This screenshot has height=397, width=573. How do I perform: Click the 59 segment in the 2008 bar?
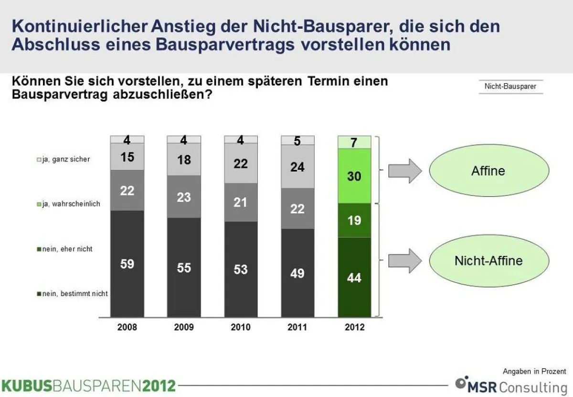click(x=127, y=264)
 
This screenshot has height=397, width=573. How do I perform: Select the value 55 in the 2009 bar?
click(x=184, y=267)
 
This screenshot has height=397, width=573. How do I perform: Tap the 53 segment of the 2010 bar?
click(x=241, y=269)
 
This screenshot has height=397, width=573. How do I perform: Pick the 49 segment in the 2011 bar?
click(x=297, y=273)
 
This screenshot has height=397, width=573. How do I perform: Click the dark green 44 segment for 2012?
click(x=354, y=277)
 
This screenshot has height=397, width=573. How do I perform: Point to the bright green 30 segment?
click(x=354, y=176)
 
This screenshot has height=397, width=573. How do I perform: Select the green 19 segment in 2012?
click(x=354, y=221)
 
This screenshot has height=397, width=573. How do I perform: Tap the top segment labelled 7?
click(x=354, y=142)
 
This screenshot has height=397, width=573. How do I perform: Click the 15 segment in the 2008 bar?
click(x=127, y=157)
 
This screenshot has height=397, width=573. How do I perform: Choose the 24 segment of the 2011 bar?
click(x=297, y=166)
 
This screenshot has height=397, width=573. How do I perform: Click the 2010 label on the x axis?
click(x=241, y=328)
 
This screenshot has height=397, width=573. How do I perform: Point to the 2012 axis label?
click(x=354, y=328)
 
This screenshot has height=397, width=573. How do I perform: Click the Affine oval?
click(x=488, y=171)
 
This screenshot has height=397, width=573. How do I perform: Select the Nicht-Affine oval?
click(x=488, y=261)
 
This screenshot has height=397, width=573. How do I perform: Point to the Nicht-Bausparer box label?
click(x=510, y=87)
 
